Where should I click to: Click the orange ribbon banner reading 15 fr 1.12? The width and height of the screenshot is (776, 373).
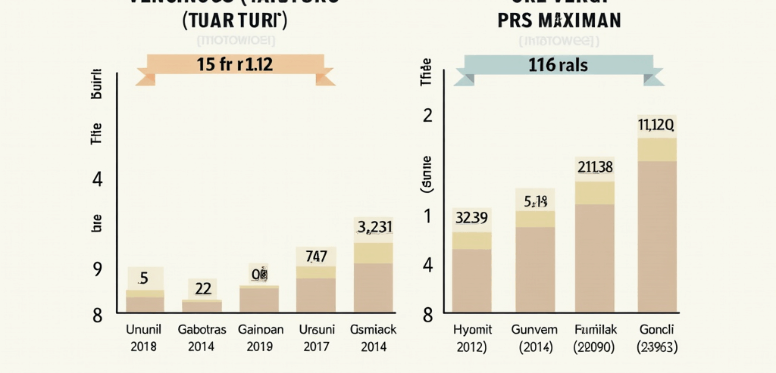click(234, 65)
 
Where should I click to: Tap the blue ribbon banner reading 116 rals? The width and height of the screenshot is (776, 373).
click(559, 66)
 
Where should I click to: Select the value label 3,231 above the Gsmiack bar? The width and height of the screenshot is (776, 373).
click(374, 226)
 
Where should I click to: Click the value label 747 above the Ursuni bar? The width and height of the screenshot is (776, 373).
click(315, 256)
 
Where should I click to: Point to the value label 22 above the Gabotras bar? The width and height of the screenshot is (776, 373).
click(202, 288)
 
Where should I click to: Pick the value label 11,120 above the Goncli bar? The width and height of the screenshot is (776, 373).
click(656, 125)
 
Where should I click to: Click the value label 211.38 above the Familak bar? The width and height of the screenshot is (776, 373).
click(595, 167)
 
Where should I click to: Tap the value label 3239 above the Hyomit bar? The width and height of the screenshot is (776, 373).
click(471, 219)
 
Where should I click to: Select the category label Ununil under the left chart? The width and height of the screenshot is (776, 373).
click(143, 330)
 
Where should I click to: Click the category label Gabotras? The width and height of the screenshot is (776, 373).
click(201, 330)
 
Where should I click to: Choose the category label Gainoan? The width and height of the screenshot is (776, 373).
click(260, 330)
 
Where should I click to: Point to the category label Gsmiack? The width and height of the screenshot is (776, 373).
click(374, 330)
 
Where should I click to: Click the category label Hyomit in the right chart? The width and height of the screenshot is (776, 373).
click(472, 330)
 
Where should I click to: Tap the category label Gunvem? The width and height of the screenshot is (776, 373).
click(535, 330)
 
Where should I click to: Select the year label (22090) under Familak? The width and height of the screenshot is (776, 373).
click(595, 347)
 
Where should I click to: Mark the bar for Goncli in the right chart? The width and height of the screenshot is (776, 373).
click(656, 235)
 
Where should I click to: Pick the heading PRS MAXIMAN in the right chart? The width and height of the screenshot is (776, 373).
click(559, 20)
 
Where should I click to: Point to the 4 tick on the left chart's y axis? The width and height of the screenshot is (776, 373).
click(97, 179)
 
